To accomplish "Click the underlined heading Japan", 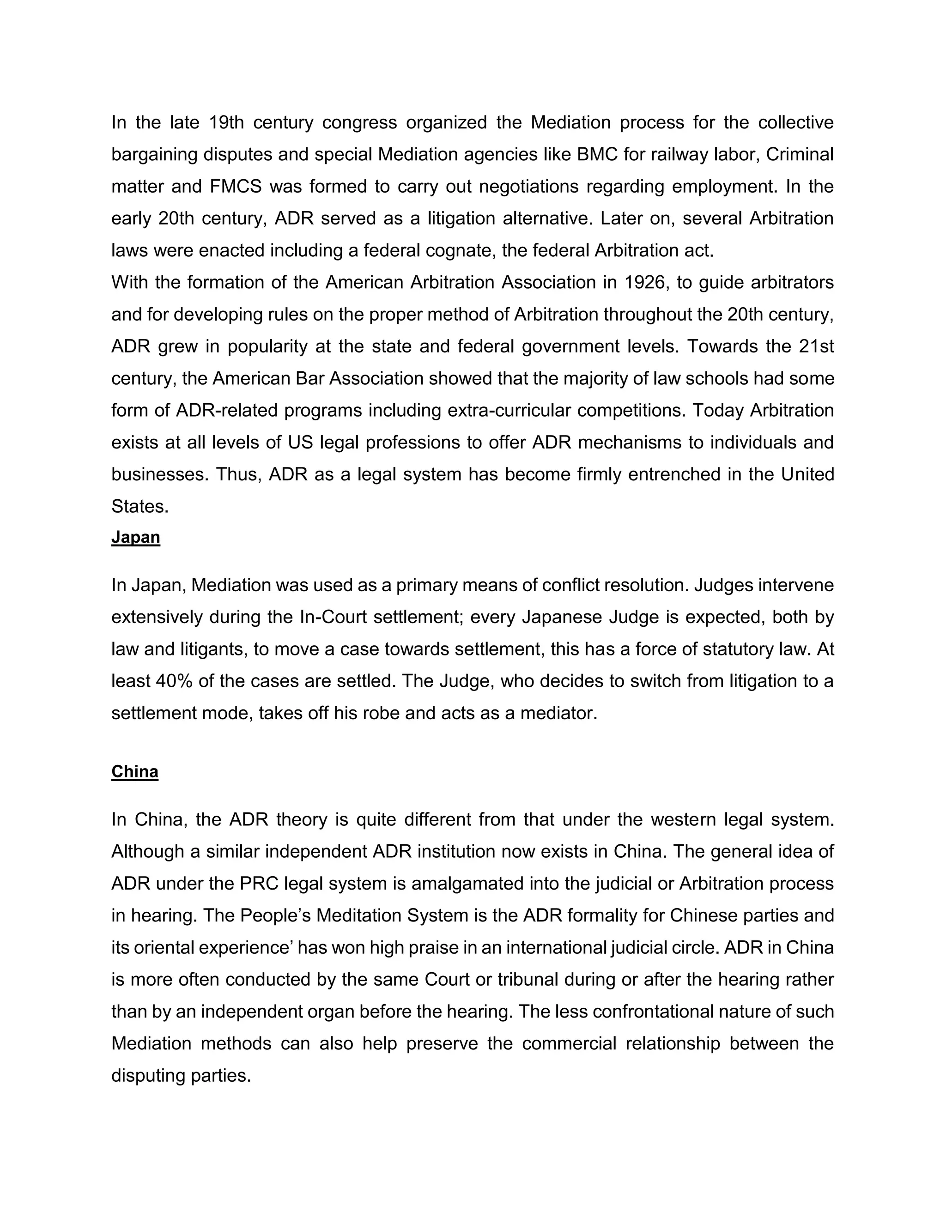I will point(136,537).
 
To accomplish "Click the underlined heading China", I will point(134,772).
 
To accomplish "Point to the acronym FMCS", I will point(236,186).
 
